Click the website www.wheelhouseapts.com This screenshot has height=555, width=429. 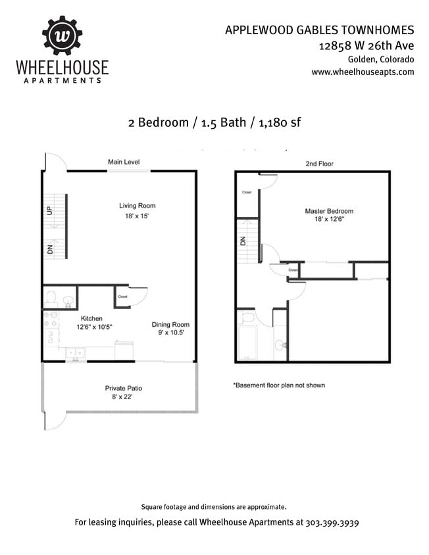tap(363, 72)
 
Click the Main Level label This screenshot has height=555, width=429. tap(124, 162)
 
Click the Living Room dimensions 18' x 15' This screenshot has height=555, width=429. tap(138, 216)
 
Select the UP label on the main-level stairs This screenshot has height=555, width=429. tap(49, 212)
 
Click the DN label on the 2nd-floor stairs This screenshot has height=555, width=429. tap(242, 241)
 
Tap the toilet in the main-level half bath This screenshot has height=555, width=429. tap(51, 299)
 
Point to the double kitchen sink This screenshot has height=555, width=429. tap(76, 353)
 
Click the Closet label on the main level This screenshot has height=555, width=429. tap(122, 297)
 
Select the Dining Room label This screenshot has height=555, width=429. tap(170, 324)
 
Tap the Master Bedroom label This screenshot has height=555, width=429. tap(329, 211)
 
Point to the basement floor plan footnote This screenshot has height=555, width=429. tap(278, 385)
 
